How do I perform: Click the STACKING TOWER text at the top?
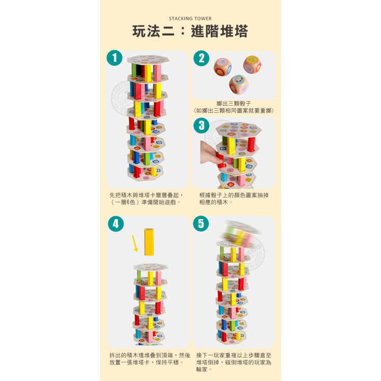pos(190,19)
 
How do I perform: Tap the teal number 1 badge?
pos(114,58)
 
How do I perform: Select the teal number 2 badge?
pos(201,58)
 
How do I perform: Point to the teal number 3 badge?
pos(201,125)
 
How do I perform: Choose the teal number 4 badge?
pos(116,224)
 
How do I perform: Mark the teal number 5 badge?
pos(201,224)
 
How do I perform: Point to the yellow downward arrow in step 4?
pos(135,243)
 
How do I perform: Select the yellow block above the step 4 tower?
pos(149,242)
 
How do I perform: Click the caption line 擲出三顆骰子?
pos(234,103)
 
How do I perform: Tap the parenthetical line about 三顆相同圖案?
pos(234,110)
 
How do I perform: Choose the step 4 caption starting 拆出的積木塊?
pos(149,359)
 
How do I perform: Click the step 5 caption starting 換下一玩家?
pos(234,362)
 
